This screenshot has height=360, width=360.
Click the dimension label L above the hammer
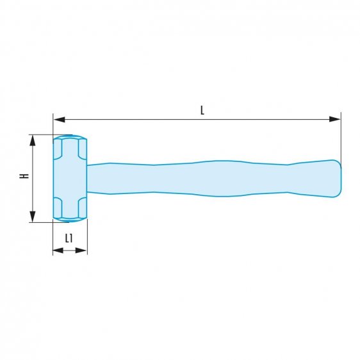tap(202, 110)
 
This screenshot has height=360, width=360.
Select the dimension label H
tap(24, 176)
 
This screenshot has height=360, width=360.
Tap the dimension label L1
tap(69, 239)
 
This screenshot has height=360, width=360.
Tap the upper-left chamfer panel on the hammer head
tap(58, 148)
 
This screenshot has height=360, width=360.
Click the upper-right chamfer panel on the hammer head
tap(82, 148)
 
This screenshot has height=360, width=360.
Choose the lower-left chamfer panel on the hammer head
tap(58, 208)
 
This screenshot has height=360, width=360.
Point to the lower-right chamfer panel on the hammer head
tap(82, 208)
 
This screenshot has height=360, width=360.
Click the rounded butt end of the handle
tap(336, 177)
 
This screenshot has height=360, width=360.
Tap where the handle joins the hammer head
tap(88, 179)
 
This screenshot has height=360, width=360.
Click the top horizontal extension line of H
tap(41, 135)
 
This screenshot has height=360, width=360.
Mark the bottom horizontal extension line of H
tap(41, 222)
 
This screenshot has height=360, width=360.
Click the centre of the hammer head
tap(70, 179)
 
